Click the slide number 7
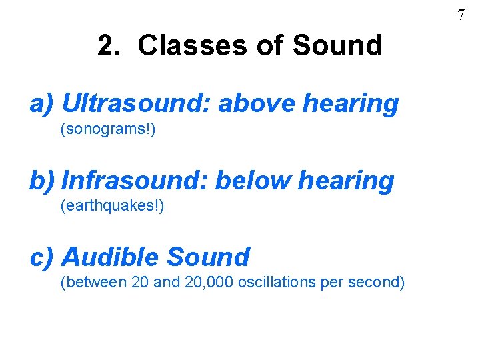coord(461,15)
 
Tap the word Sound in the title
coord(338,46)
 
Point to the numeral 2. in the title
coord(109,46)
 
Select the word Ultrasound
coord(137,103)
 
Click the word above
coord(257,103)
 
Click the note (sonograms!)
coord(108,129)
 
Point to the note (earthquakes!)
coord(112,206)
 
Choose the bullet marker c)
coord(43,257)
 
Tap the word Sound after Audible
coord(209,257)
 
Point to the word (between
coord(93,283)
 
